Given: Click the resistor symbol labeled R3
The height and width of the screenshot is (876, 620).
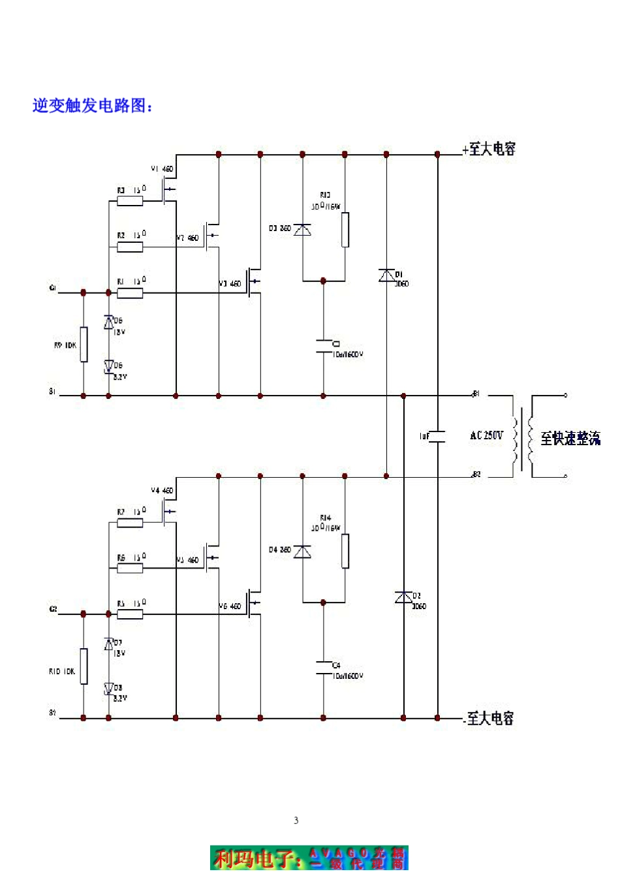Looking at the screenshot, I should point(130,201).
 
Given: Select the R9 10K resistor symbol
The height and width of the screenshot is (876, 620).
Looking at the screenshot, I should point(84,344).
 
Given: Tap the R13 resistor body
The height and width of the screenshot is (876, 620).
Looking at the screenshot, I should point(345,230).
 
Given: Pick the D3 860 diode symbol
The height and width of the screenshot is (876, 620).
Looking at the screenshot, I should point(302,230).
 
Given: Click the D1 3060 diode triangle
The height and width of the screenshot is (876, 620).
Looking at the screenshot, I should point(386,275).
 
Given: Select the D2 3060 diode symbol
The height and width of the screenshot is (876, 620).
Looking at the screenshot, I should point(403,597).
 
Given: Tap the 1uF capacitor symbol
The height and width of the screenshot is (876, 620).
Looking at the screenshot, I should point(437,437).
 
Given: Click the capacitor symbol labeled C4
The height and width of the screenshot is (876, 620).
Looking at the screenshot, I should point(323,668).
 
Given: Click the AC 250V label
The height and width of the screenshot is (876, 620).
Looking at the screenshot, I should point(486,435).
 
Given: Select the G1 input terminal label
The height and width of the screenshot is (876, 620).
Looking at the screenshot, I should point(53,288).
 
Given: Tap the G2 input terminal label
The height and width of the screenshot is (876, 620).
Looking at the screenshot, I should point(53,609).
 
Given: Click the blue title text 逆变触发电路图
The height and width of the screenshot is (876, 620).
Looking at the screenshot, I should point(93,106).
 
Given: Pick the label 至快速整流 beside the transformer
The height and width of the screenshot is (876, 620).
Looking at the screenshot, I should point(570,439).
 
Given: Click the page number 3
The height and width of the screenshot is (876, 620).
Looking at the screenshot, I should point(296,821).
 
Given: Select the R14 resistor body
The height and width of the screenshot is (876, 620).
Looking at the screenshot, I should point(345,551).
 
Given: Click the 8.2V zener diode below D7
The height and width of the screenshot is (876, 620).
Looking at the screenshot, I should point(108,689).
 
